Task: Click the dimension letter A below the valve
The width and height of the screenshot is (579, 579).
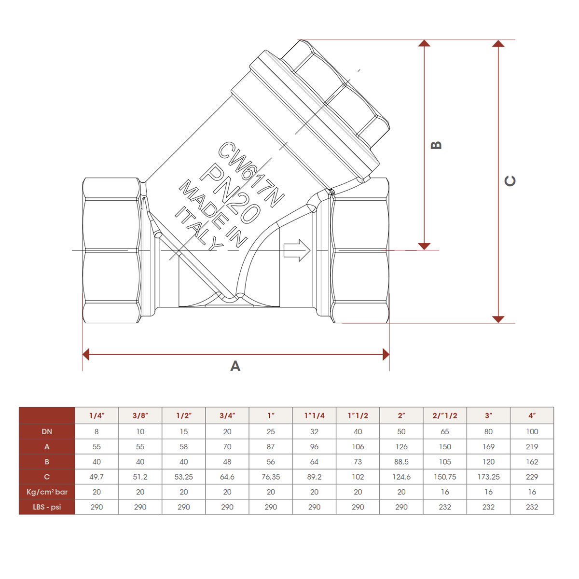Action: [235, 366]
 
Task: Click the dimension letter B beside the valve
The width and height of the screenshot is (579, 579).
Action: [436, 145]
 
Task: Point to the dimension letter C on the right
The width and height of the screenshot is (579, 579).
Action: [510, 181]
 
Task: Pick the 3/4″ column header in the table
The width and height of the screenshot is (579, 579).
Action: [227, 415]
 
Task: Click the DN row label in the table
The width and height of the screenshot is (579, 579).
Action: [47, 431]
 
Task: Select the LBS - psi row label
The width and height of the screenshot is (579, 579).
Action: [47, 507]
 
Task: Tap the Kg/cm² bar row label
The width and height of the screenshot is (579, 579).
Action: [47, 492]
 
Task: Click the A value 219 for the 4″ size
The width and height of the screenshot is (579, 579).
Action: [532, 447]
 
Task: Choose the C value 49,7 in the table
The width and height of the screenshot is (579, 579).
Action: [96, 477]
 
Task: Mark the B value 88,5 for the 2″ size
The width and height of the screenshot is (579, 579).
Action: [401, 462]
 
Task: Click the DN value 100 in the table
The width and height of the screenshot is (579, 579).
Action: [532, 431]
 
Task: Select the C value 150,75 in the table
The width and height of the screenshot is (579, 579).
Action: [445, 477]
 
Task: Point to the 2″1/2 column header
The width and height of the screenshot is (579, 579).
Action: [445, 415]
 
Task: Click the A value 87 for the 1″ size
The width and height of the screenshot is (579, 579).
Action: [271, 447]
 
